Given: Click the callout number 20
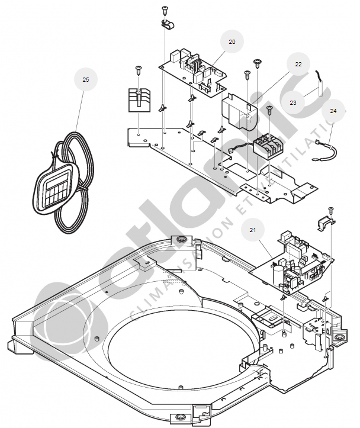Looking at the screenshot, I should click(232, 41).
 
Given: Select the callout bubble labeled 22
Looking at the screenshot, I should click(298, 63).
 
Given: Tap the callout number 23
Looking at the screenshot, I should click(293, 102).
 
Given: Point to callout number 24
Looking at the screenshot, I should click(333, 111).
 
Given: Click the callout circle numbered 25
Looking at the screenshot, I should click(86, 79).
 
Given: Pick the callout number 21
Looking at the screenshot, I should click(253, 229).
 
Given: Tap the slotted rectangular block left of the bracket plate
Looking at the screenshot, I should click(140, 100).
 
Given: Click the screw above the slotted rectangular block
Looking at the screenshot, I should click(138, 69).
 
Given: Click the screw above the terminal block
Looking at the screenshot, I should click(269, 108).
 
